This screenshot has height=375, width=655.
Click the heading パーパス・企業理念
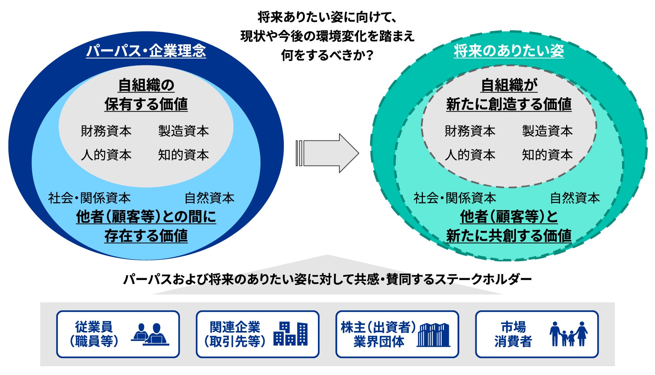pos(146,51)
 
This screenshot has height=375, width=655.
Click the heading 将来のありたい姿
pos(509,51)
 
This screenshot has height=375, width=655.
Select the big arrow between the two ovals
pos(327,153)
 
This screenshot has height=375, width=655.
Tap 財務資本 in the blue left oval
pos(106,131)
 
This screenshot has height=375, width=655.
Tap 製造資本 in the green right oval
pos(547,131)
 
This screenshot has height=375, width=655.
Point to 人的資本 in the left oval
pos(106,155)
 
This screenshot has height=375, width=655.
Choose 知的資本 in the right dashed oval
pos(547,155)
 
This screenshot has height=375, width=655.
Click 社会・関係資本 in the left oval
pos(89,198)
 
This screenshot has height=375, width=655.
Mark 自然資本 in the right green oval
pos(575,198)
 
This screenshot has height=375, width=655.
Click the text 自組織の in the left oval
pos(146,85)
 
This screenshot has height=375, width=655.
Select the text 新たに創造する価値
pos(509,104)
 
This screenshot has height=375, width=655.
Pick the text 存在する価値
pos(146,236)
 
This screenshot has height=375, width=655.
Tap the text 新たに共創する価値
pos(509,236)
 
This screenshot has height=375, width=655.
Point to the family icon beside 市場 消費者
pos(568,334)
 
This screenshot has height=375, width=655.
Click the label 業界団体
pos(378,341)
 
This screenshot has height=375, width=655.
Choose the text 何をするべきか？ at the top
pos(327,55)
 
